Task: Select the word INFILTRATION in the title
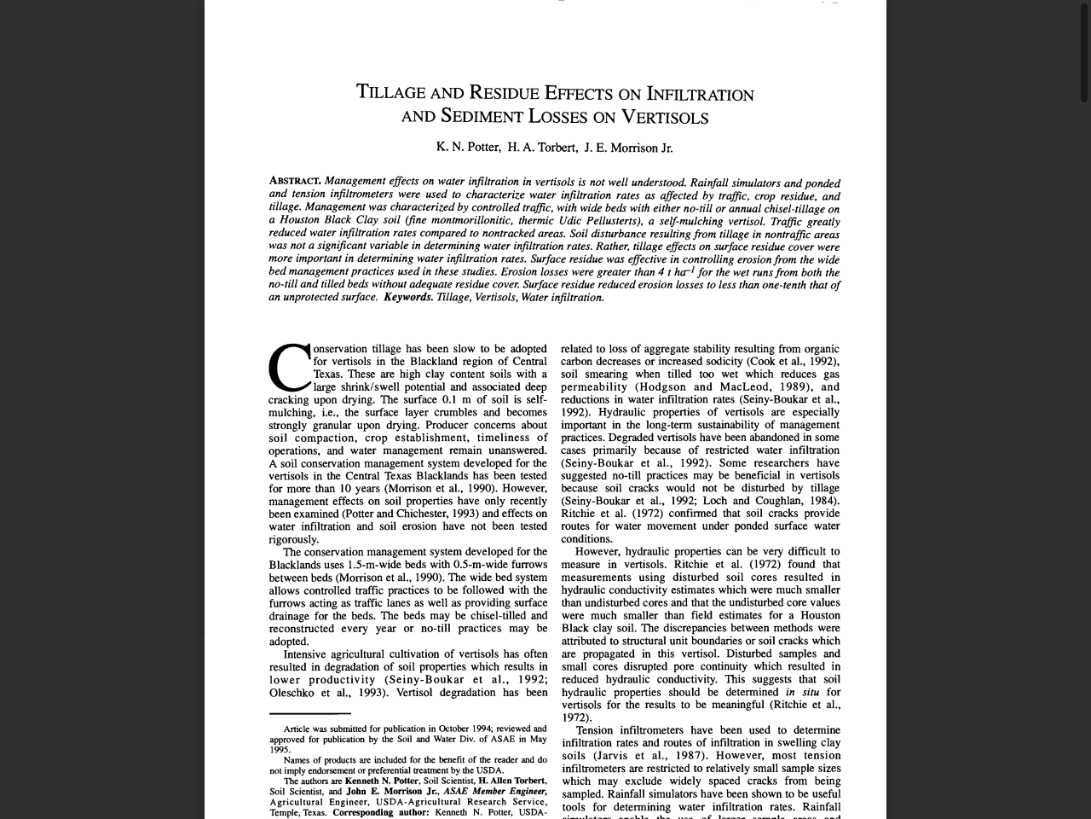point(700,94)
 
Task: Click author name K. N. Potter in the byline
point(468,147)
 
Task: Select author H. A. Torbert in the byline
point(542,148)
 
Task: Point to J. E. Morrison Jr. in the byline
point(628,148)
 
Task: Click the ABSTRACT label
point(295,181)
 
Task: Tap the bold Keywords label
point(407,298)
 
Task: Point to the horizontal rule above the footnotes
point(309,713)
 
